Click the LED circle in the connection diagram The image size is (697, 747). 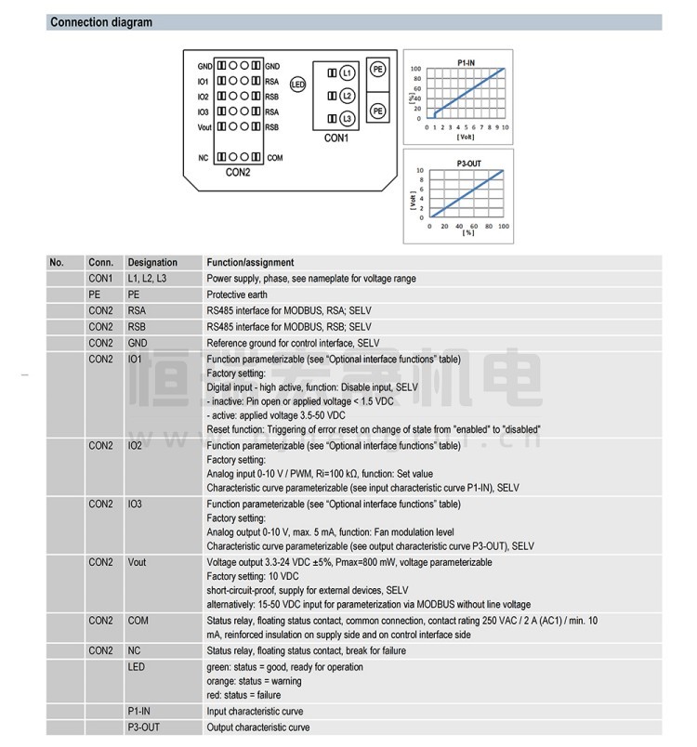[x=298, y=84]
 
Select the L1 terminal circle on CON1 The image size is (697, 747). [x=346, y=72]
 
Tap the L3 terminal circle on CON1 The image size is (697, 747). [x=346, y=119]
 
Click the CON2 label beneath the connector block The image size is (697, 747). [x=239, y=172]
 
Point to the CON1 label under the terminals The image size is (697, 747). [x=335, y=138]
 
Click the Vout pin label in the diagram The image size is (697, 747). [x=204, y=126]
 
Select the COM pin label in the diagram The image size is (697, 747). [x=275, y=158]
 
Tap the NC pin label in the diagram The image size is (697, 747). [x=204, y=158]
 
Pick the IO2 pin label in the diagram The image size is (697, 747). [x=204, y=97]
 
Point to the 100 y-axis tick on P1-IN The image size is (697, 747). [x=416, y=69]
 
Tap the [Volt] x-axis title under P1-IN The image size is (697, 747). [x=467, y=137]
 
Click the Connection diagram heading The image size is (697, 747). [x=101, y=22]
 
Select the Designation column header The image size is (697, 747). [x=151, y=263]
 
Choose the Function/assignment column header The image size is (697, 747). [x=250, y=263]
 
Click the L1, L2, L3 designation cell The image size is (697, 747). [x=149, y=279]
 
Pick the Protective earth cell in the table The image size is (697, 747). [x=237, y=295]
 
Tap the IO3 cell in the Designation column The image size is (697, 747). [x=136, y=505]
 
